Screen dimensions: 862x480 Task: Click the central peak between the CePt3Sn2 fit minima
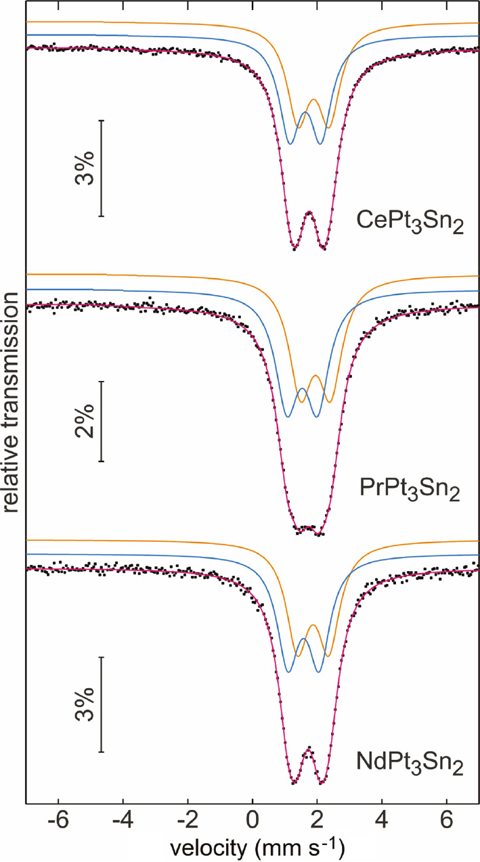coord(309,212)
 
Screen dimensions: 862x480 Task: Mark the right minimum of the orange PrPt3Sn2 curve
coord(330,403)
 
